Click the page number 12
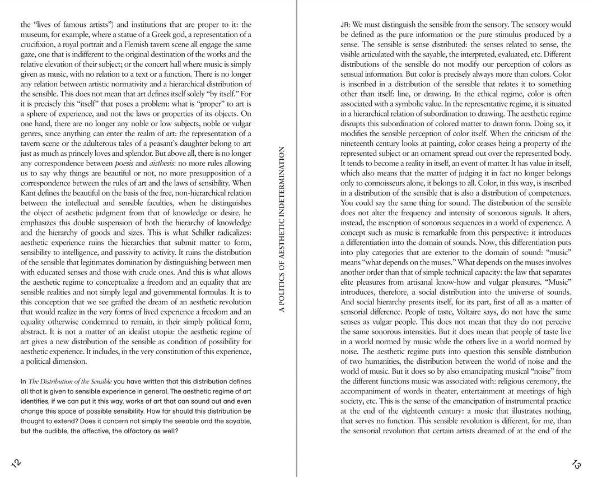tap(16, 462)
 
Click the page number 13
tap(576, 464)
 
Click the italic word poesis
tap(124, 163)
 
